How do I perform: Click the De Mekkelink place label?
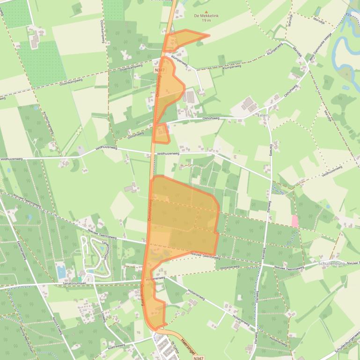click(206, 15)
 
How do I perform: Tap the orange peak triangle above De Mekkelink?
click(206, 9)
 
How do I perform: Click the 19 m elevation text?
click(206, 20)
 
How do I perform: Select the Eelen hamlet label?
click(263, 115)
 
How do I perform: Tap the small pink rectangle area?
click(294, 221)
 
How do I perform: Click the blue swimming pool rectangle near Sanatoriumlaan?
click(60, 271)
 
